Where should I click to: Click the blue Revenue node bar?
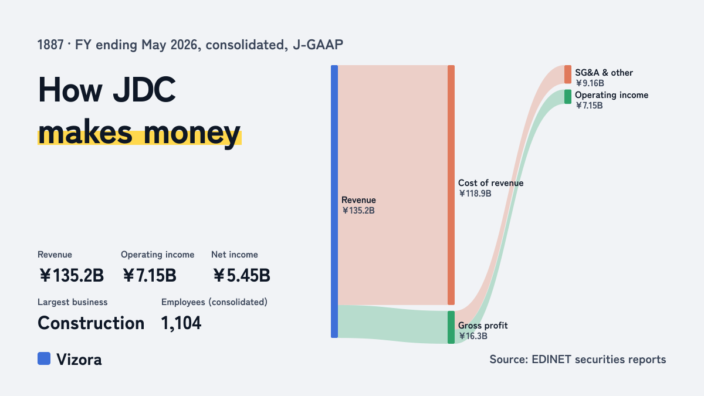click(334, 201)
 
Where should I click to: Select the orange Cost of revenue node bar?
click(451, 185)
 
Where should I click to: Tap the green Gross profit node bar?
click(451, 327)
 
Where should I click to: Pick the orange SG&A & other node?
click(568, 75)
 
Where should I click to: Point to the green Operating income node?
click(568, 96)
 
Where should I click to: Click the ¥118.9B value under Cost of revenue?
click(475, 193)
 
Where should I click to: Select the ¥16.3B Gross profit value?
click(473, 336)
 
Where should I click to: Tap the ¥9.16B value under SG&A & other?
click(590, 83)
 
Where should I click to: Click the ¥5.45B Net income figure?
click(241, 275)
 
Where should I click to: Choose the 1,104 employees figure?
click(181, 323)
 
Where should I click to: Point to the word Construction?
click(91, 323)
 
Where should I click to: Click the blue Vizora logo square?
click(44, 358)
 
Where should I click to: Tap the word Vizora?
click(79, 359)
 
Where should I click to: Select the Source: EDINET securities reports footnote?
click(578, 359)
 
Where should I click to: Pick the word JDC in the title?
click(144, 90)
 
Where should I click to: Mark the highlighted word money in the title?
click(192, 133)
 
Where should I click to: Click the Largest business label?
click(73, 302)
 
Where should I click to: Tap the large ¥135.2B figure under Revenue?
click(72, 275)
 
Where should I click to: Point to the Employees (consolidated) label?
click(214, 302)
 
